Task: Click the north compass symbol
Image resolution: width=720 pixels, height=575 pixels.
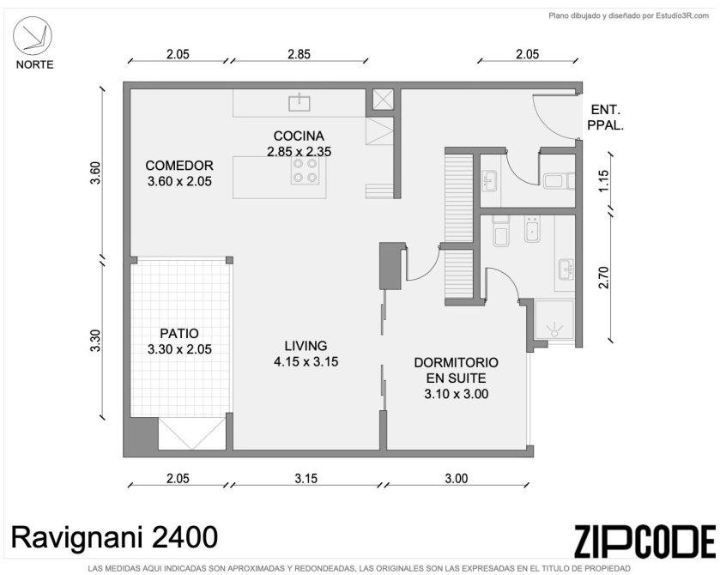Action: coord(32,36)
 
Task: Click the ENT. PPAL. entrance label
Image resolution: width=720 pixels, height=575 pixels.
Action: coord(606,117)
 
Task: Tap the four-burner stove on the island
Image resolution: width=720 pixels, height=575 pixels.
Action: coord(305,171)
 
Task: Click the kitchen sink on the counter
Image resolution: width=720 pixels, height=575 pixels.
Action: coord(299,103)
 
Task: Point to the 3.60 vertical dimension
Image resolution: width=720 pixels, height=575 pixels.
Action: coord(95,172)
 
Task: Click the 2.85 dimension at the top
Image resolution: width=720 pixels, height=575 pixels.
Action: coord(299,54)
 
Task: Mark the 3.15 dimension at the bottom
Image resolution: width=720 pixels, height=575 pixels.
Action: coord(306,478)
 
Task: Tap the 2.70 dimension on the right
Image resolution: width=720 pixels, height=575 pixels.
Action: coord(603,277)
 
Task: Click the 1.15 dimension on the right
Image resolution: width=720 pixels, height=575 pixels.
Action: coord(603,181)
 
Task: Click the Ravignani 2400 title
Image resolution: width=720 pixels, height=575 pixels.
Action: coord(114,537)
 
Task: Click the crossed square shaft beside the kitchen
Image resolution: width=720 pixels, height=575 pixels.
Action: coord(383,100)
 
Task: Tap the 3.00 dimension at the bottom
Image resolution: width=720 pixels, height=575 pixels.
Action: coord(457,478)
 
